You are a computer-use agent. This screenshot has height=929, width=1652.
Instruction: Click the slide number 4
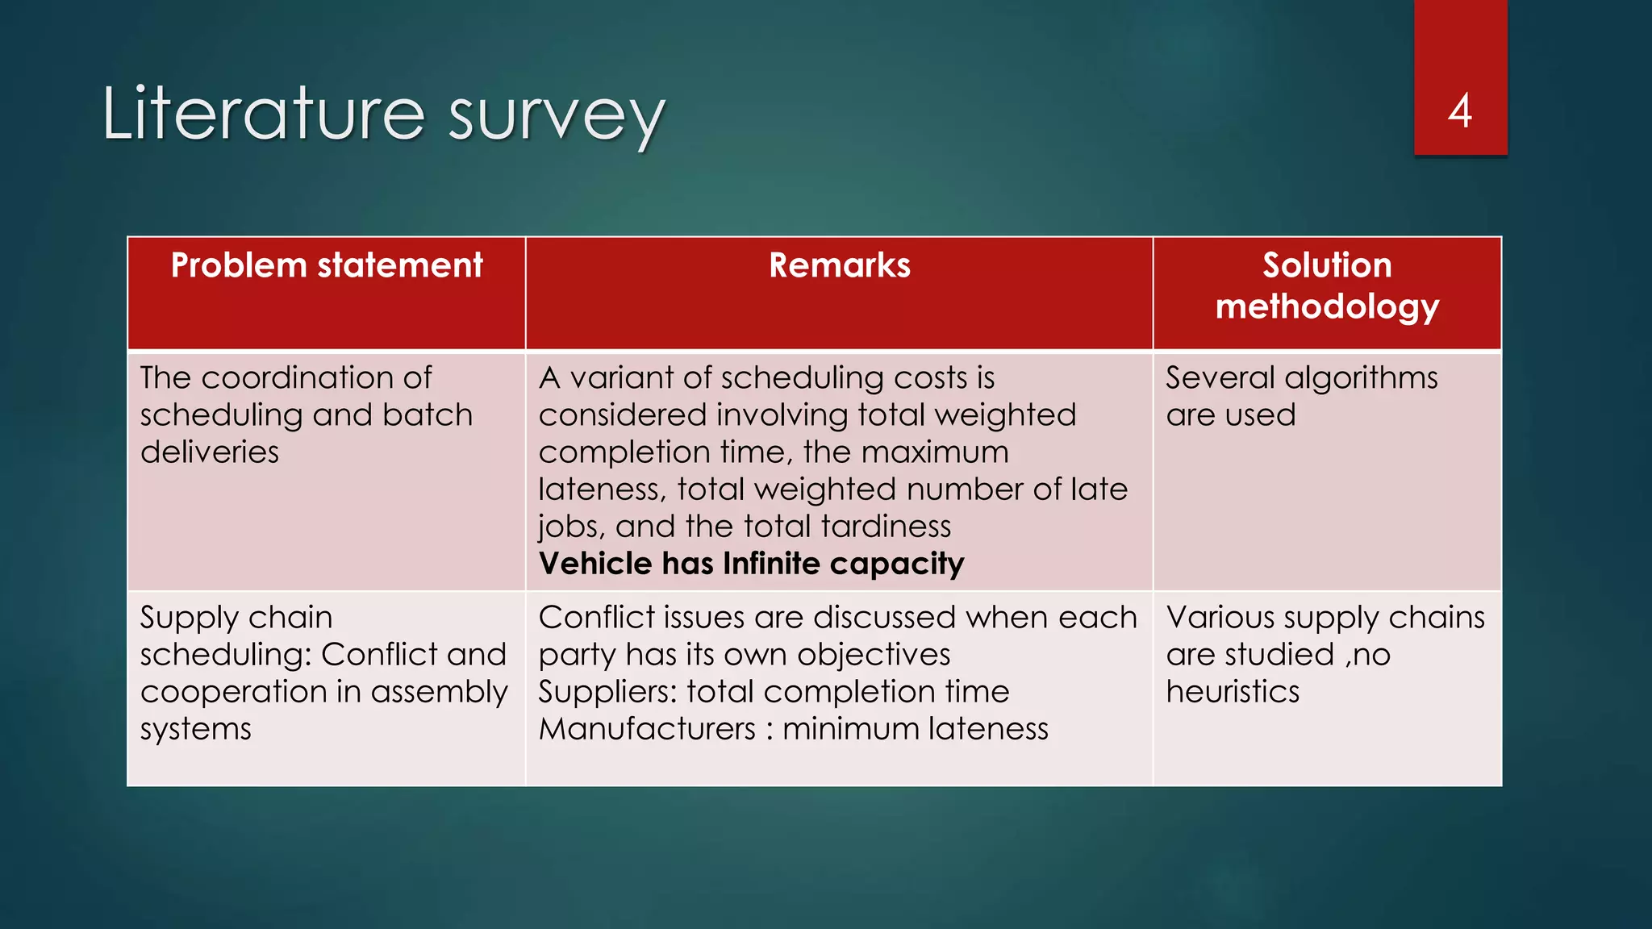1460,111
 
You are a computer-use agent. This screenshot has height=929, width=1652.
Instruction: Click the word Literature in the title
263,114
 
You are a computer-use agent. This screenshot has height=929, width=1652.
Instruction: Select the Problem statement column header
327,265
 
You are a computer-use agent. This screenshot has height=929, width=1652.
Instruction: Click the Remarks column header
839,265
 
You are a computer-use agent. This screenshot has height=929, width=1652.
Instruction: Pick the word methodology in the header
1327,307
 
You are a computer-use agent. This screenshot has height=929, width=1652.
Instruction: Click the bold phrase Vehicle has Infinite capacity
751,563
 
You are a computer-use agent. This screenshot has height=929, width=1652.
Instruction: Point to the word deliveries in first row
210,452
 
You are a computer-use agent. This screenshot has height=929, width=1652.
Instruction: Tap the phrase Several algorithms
1301,377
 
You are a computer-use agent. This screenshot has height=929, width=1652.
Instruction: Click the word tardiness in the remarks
886,526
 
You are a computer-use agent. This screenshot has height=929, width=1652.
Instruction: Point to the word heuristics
1233,692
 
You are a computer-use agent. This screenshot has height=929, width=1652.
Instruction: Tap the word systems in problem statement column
196,729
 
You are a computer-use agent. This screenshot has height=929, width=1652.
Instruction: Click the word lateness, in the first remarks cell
602,489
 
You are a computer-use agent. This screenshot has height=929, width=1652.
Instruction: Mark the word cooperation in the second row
235,692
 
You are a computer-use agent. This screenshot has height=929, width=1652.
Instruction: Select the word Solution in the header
1327,265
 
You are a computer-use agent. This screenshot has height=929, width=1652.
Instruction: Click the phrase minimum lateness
915,729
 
